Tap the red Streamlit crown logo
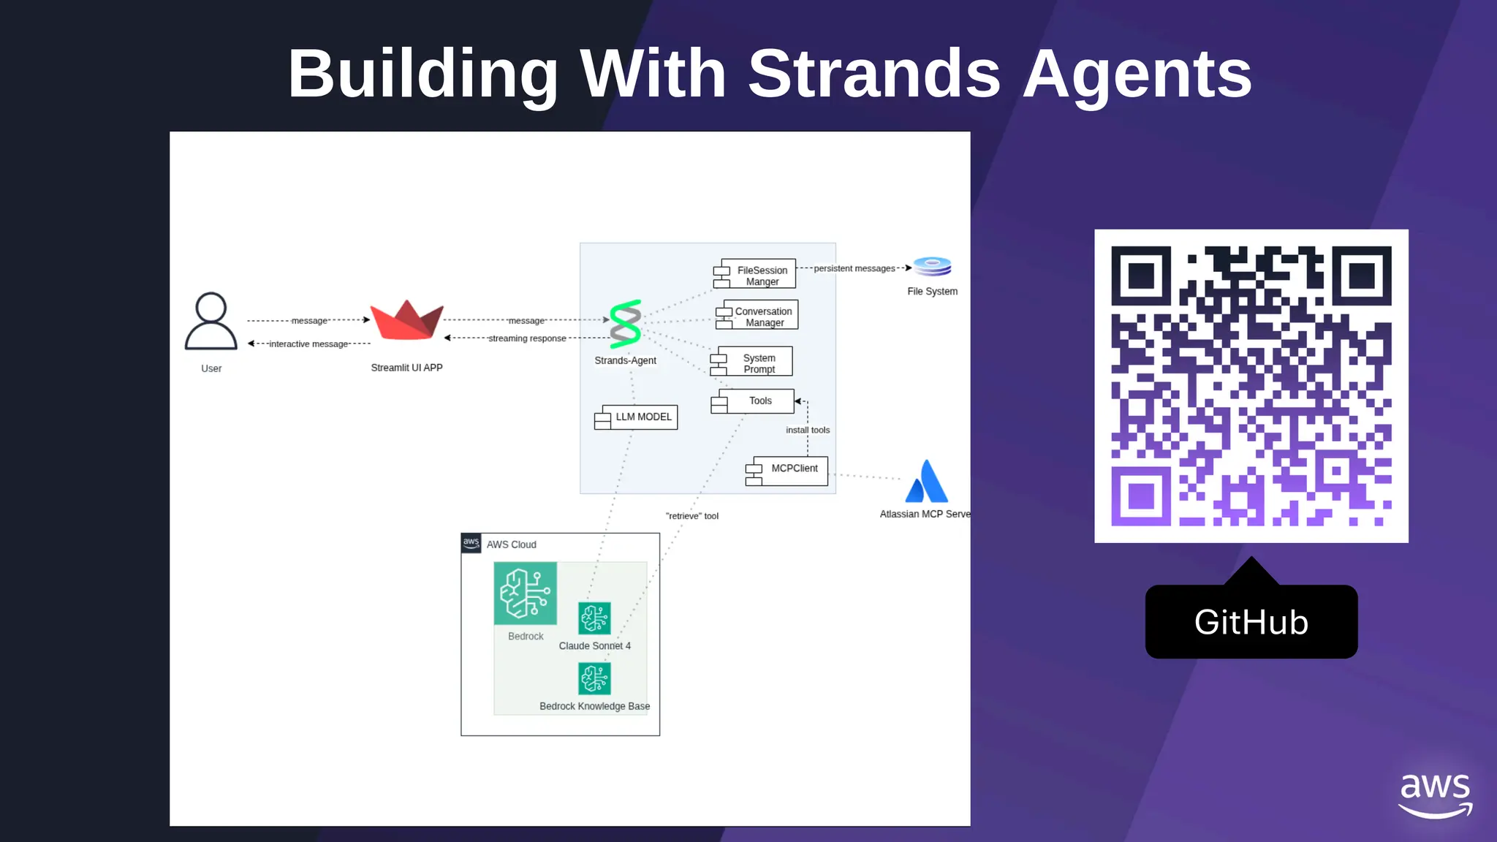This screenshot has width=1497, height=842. pyautogui.click(x=406, y=320)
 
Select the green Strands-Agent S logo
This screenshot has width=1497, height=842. pyautogui.click(x=626, y=324)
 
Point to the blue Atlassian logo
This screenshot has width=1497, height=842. pyautogui.click(x=926, y=482)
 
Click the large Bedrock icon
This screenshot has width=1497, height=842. pyautogui.click(x=525, y=593)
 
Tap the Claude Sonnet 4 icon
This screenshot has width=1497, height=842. pyautogui.click(x=594, y=618)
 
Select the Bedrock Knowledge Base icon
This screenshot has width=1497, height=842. pyautogui.click(x=594, y=678)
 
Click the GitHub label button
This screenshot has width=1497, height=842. pyautogui.click(x=1251, y=622)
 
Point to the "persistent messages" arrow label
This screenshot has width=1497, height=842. pyautogui.click(x=854, y=268)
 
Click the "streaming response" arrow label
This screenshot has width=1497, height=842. pyautogui.click(x=527, y=338)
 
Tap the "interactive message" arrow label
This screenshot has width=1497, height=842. pyautogui.click(x=308, y=344)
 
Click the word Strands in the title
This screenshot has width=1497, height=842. pyautogui.click(x=874, y=74)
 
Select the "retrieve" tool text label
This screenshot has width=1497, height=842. pyautogui.click(x=691, y=516)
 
